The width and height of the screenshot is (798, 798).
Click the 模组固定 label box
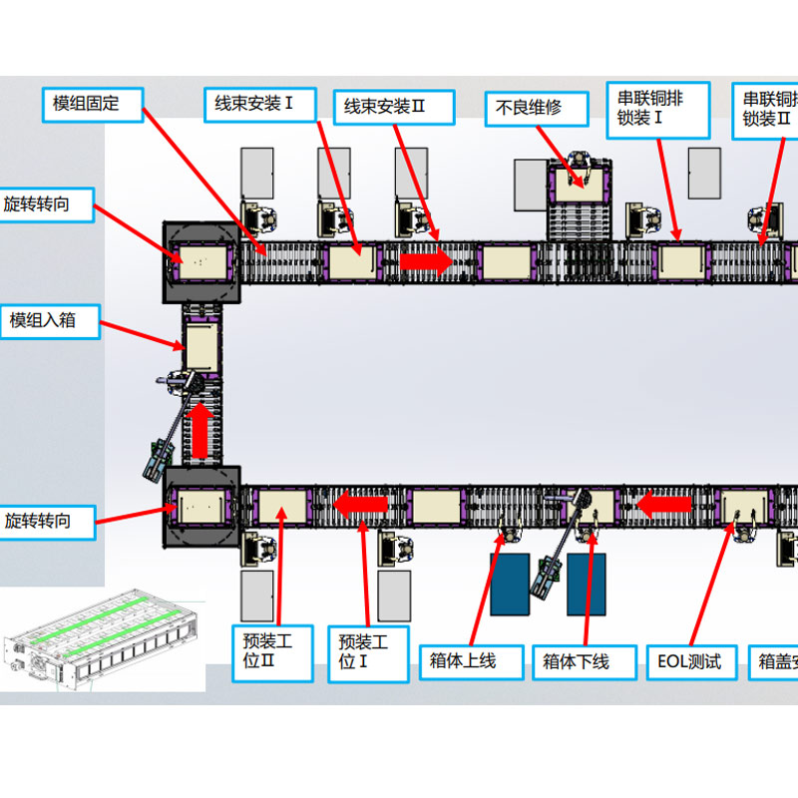pos(93,104)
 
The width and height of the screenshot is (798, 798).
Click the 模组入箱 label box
pos(50,321)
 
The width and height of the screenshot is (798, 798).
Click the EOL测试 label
pos(689,661)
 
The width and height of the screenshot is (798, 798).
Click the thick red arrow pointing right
pos(426,261)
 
